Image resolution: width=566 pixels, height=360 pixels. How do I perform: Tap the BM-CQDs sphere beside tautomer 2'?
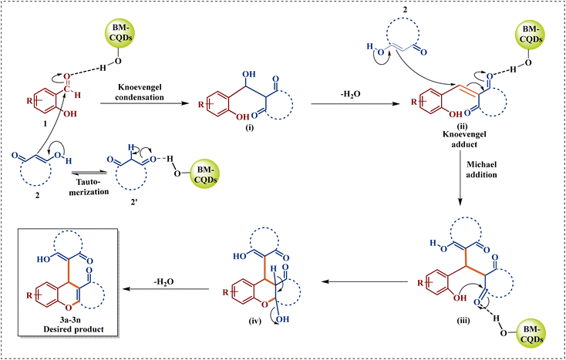(x=207, y=174)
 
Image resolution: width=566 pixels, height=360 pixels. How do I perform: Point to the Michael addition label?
(x=481, y=170)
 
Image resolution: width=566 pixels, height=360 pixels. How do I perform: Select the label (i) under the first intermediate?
(x=249, y=128)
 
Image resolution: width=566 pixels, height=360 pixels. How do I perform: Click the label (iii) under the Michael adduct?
(x=463, y=320)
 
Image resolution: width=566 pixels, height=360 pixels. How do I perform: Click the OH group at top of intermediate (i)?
(x=248, y=75)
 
